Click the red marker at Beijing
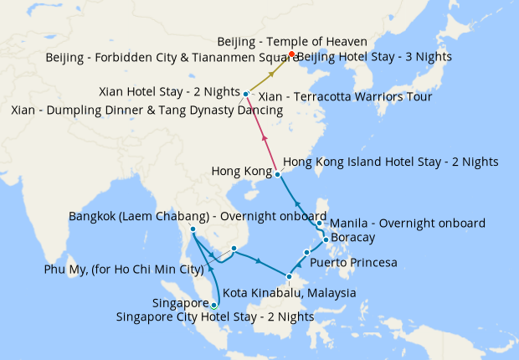(x=291, y=54)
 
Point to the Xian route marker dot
(x=244, y=94)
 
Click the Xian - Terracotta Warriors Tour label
(x=346, y=97)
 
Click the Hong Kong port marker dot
(x=278, y=174)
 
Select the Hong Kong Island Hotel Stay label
(x=391, y=162)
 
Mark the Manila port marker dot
(x=320, y=224)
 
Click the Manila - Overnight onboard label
(x=408, y=224)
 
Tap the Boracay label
(x=353, y=238)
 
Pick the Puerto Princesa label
(x=352, y=263)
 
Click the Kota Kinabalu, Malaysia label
(x=290, y=293)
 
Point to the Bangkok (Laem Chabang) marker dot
(x=193, y=229)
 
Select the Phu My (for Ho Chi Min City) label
(x=124, y=270)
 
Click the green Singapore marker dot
(x=213, y=305)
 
